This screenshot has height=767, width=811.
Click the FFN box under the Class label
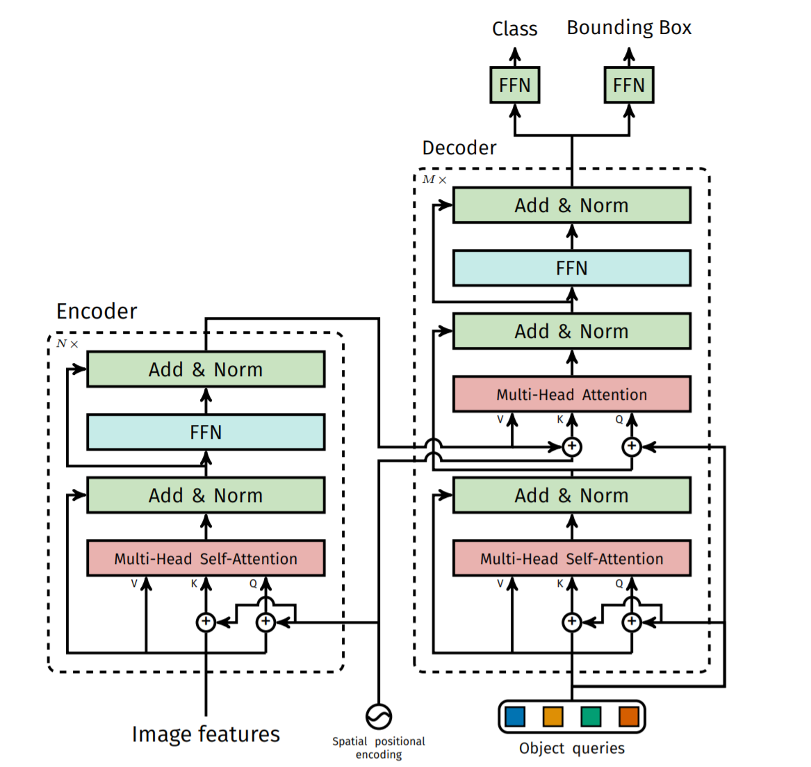(515, 85)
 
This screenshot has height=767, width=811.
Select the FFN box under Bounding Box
(629, 85)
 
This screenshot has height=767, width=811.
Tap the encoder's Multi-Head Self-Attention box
(206, 558)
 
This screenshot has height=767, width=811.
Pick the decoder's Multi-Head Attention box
(572, 394)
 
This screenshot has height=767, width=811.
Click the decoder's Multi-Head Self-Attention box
(572, 558)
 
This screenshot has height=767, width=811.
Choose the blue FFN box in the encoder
(206, 432)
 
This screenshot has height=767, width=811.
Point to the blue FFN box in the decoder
(572, 268)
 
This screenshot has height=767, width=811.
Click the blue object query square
(515, 716)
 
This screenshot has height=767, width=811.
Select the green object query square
(591, 716)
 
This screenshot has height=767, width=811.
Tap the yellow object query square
(553, 716)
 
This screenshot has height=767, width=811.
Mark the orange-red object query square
(629, 716)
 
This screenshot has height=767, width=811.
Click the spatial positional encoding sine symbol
(379, 716)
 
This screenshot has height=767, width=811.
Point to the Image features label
(206, 734)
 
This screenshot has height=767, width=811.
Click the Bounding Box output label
(629, 28)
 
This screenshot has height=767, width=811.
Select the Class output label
(515, 29)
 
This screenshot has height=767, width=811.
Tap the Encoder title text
(97, 311)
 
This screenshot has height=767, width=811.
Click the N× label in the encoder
(67, 344)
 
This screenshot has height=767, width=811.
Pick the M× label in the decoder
(434, 179)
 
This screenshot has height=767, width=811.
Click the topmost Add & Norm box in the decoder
(572, 205)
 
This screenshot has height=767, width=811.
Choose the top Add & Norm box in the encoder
(206, 369)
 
